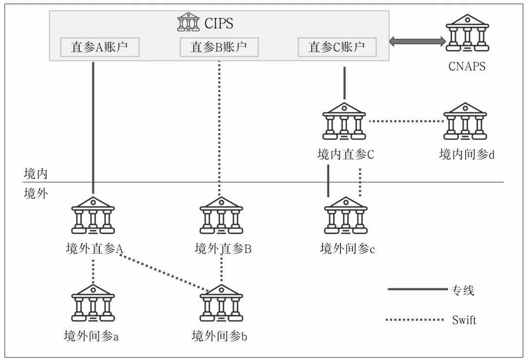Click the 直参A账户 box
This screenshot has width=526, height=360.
99,47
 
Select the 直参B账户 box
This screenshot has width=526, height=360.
219,47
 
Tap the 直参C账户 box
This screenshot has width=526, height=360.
338,47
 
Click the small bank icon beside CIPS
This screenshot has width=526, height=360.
188,22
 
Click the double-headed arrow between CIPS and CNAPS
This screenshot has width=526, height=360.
417,42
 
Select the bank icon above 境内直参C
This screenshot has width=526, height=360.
344,122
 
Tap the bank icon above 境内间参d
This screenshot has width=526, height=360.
465,122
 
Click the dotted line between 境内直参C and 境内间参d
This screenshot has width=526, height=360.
405,121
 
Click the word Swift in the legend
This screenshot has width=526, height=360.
464,320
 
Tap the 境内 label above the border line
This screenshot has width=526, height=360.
36,173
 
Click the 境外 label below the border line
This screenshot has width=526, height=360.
36,193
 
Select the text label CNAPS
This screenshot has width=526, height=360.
467,67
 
